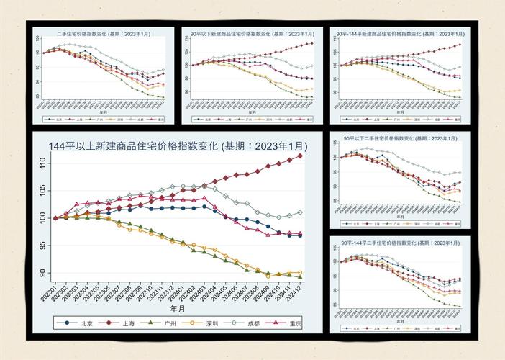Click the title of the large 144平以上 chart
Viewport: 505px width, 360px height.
click(176, 146)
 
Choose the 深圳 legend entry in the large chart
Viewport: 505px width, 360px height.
click(211, 323)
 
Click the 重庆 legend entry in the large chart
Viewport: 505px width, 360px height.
click(293, 323)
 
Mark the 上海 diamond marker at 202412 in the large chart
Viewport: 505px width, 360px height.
click(301, 156)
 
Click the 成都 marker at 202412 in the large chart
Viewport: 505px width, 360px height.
click(301, 212)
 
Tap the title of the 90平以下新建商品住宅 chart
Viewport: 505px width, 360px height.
click(252, 34)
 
